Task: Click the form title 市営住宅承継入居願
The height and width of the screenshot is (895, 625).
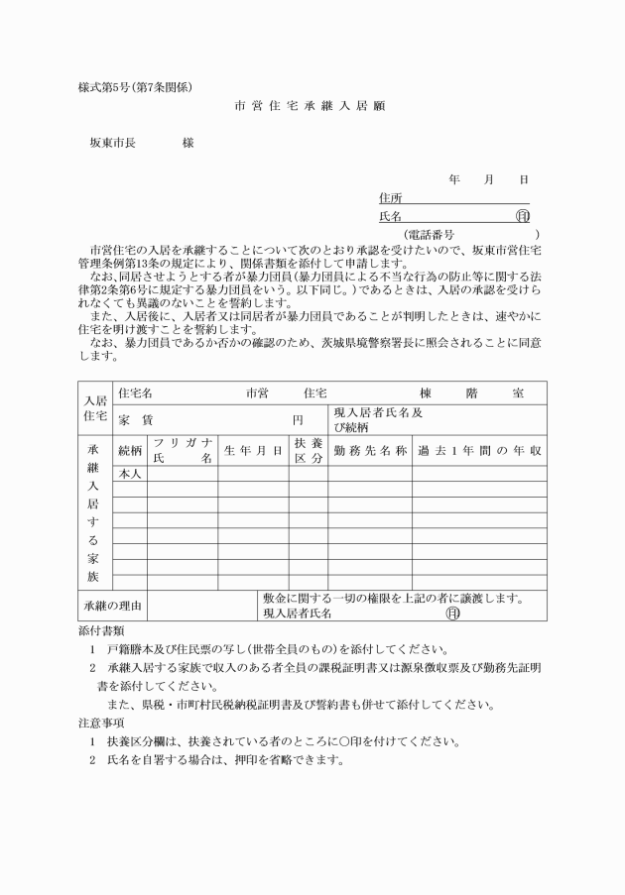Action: coord(312,105)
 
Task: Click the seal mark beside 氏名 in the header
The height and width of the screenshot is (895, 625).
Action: coord(523,216)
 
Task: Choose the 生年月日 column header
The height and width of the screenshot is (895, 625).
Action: coord(253,452)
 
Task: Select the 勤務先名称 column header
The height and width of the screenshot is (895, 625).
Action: coord(371,452)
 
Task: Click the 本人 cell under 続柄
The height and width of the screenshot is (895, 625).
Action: coord(130,474)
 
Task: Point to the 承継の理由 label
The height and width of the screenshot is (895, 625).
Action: coord(112,606)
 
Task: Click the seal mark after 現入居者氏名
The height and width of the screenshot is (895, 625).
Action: coord(453,614)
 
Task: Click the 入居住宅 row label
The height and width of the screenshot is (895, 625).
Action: coord(95,407)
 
